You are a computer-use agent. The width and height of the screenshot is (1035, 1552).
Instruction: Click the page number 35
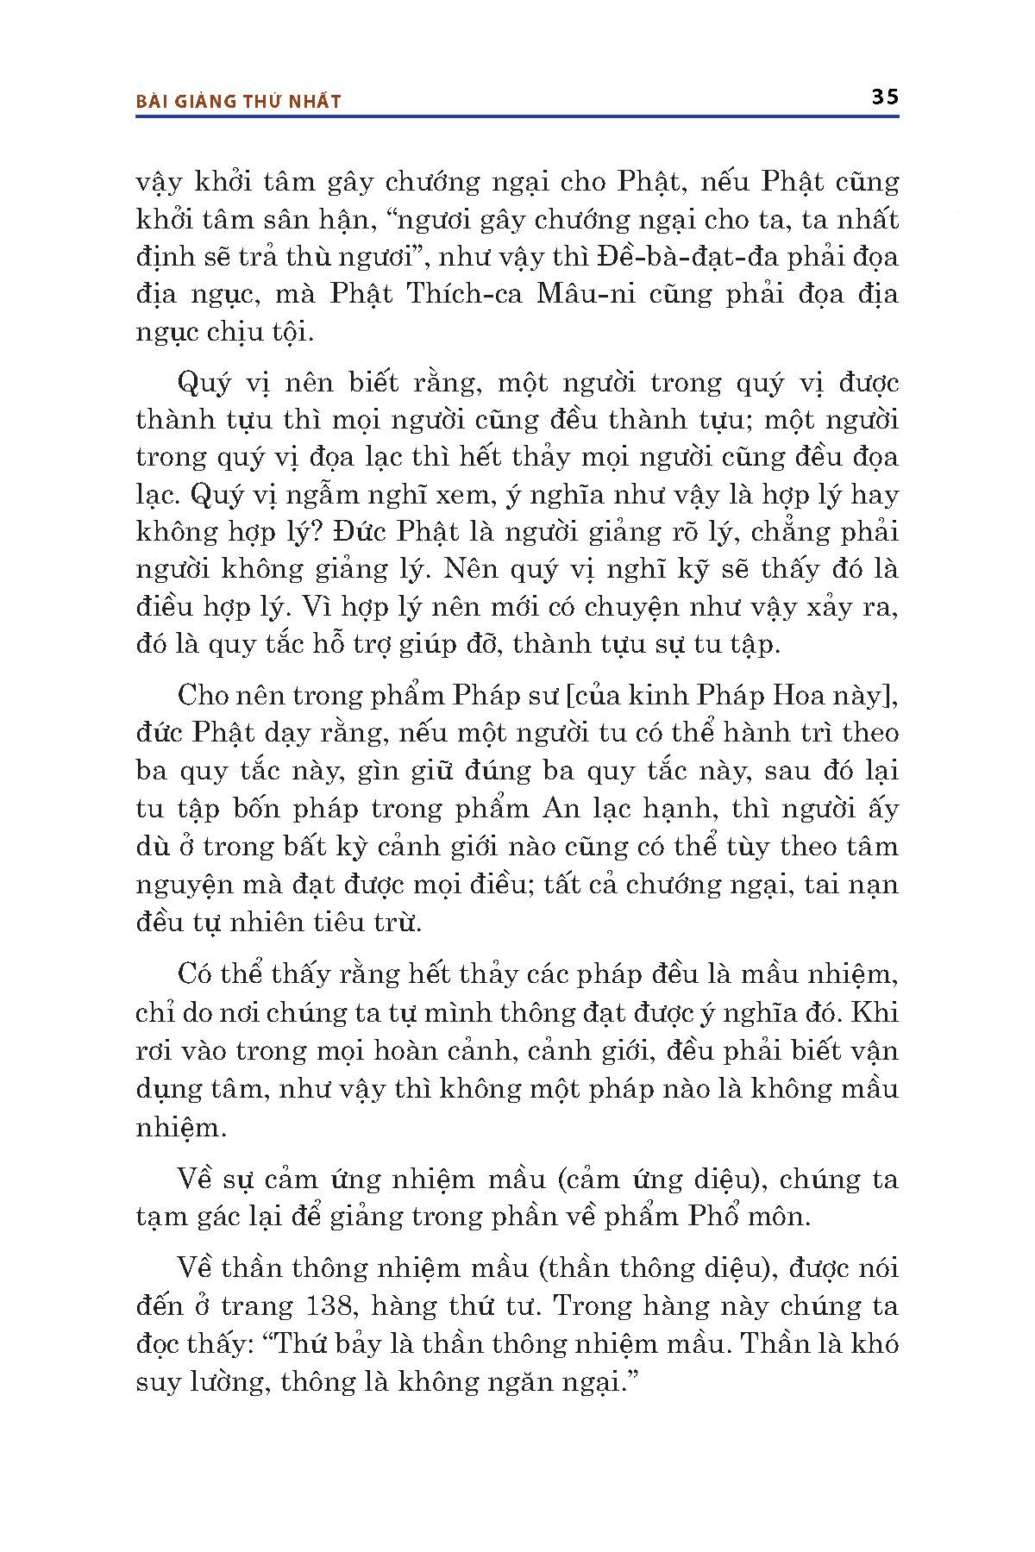click(885, 97)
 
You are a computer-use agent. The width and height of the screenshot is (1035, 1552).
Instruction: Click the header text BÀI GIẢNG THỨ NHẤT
click(239, 102)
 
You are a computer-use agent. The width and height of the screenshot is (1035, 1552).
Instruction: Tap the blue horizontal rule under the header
click(517, 116)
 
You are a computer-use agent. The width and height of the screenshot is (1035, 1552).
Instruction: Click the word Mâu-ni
click(586, 295)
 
